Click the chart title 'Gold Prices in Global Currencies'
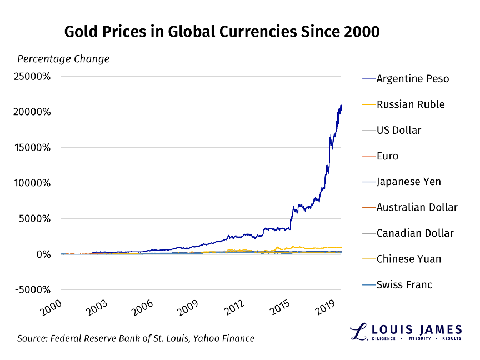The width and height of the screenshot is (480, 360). [222, 32]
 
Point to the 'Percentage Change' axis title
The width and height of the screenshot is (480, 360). [63, 59]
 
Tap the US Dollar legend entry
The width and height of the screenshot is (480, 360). [398, 131]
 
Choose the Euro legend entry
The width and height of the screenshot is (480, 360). [387, 156]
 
